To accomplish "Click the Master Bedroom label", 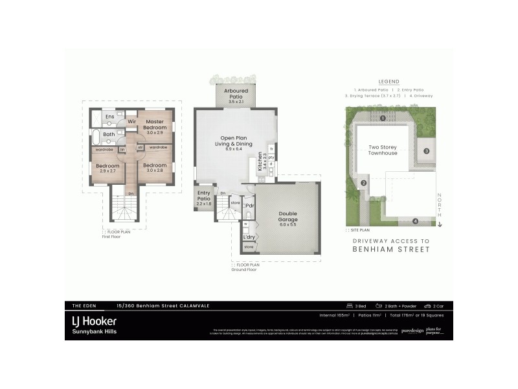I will (155, 124).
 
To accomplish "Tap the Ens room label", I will (110, 117).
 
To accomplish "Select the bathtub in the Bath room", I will (97, 137).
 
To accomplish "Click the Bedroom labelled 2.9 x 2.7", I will (107, 168).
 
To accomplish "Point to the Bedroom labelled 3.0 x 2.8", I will (155, 168).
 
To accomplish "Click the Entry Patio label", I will (205, 198).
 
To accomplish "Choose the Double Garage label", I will (287, 217).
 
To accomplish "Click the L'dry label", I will (249, 237).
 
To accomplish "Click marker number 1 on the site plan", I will (383, 119).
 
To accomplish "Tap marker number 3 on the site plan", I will (427, 151).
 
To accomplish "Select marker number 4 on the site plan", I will (415, 221).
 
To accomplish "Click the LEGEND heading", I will (389, 82).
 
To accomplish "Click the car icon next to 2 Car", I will (427, 306).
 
